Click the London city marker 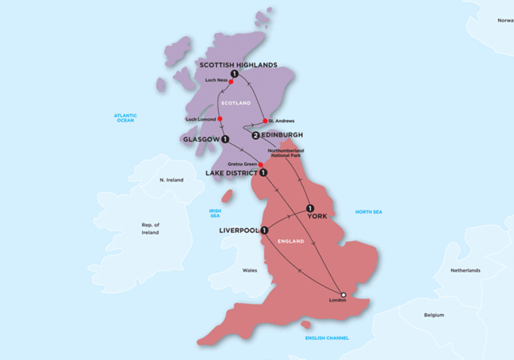(343, 295)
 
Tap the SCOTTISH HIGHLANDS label (239, 65)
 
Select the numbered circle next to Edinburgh (255, 136)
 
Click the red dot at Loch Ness (230, 81)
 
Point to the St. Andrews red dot (265, 121)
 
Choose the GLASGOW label (201, 139)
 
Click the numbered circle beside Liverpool (264, 231)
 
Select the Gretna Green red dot (259, 165)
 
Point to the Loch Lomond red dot (220, 121)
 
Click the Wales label (250, 271)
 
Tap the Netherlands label (465, 271)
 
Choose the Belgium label (434, 316)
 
